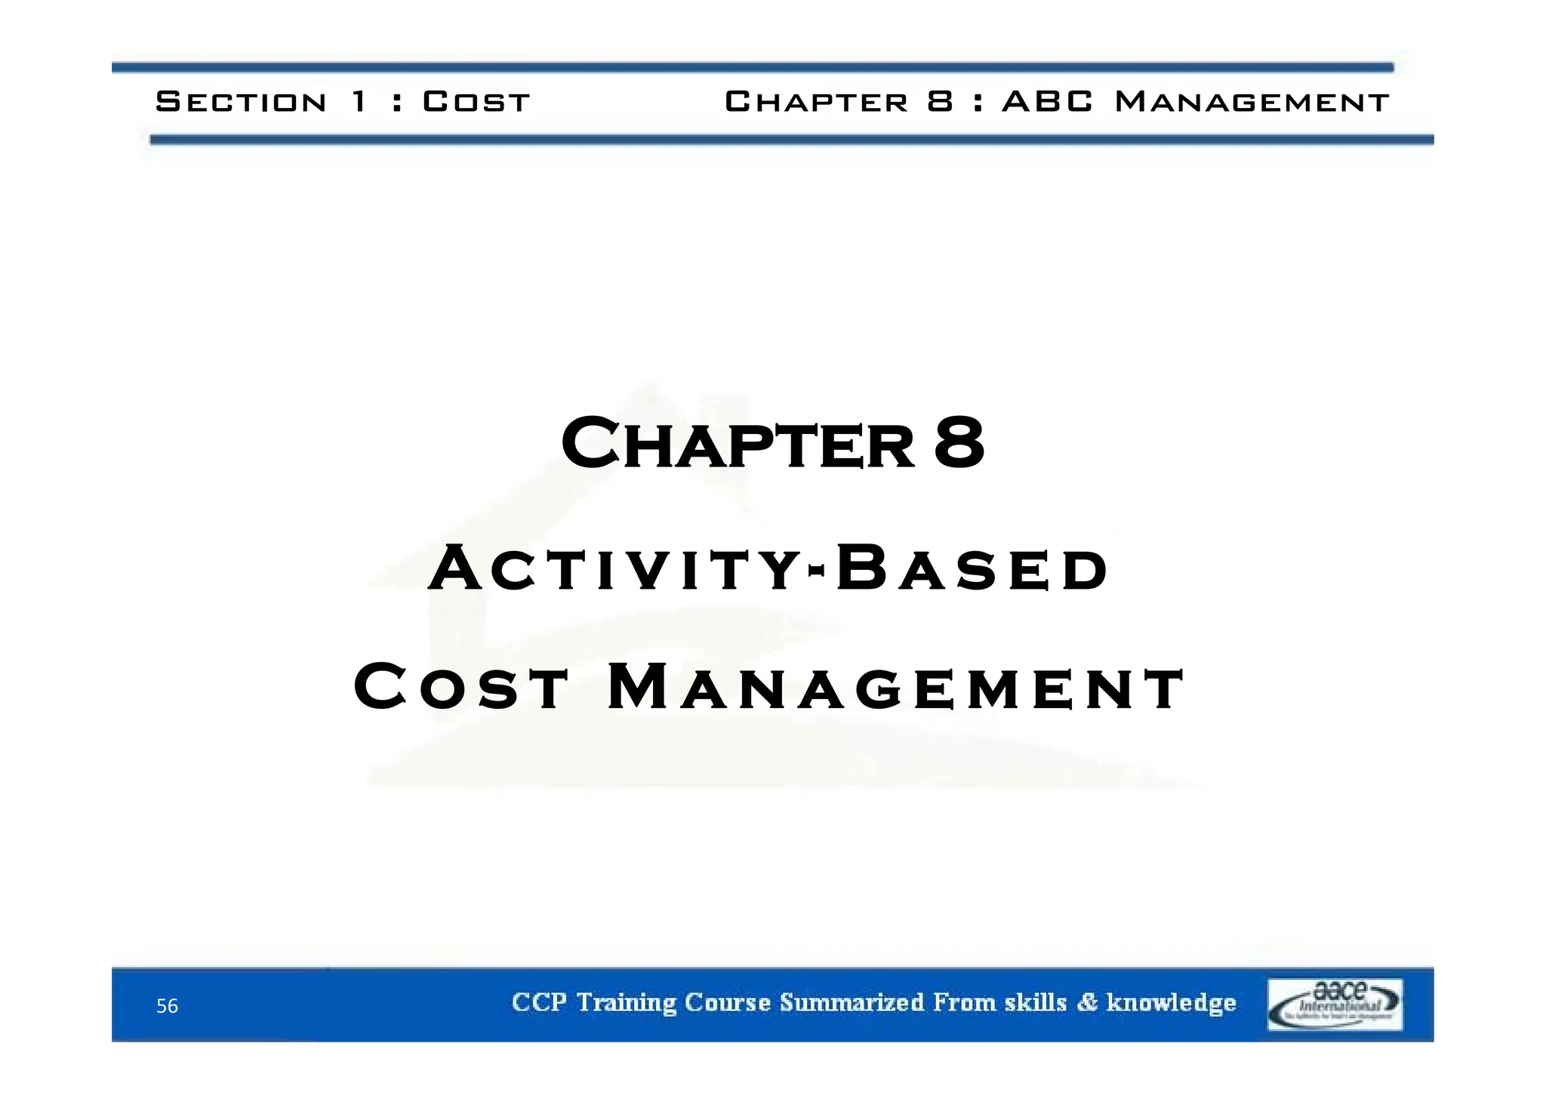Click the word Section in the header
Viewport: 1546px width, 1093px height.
[241, 101]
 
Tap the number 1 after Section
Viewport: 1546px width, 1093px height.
[360, 101]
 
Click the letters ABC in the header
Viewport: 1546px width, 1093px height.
[1047, 101]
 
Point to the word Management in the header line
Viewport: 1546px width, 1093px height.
[1251, 101]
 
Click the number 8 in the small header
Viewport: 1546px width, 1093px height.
[941, 101]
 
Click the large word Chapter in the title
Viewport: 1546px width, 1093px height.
[737, 445]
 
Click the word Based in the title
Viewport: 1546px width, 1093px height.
[972, 569]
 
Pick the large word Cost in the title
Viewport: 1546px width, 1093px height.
[460, 687]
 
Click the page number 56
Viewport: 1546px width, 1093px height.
[167, 1006]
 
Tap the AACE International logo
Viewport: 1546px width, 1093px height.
[1334, 1005]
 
